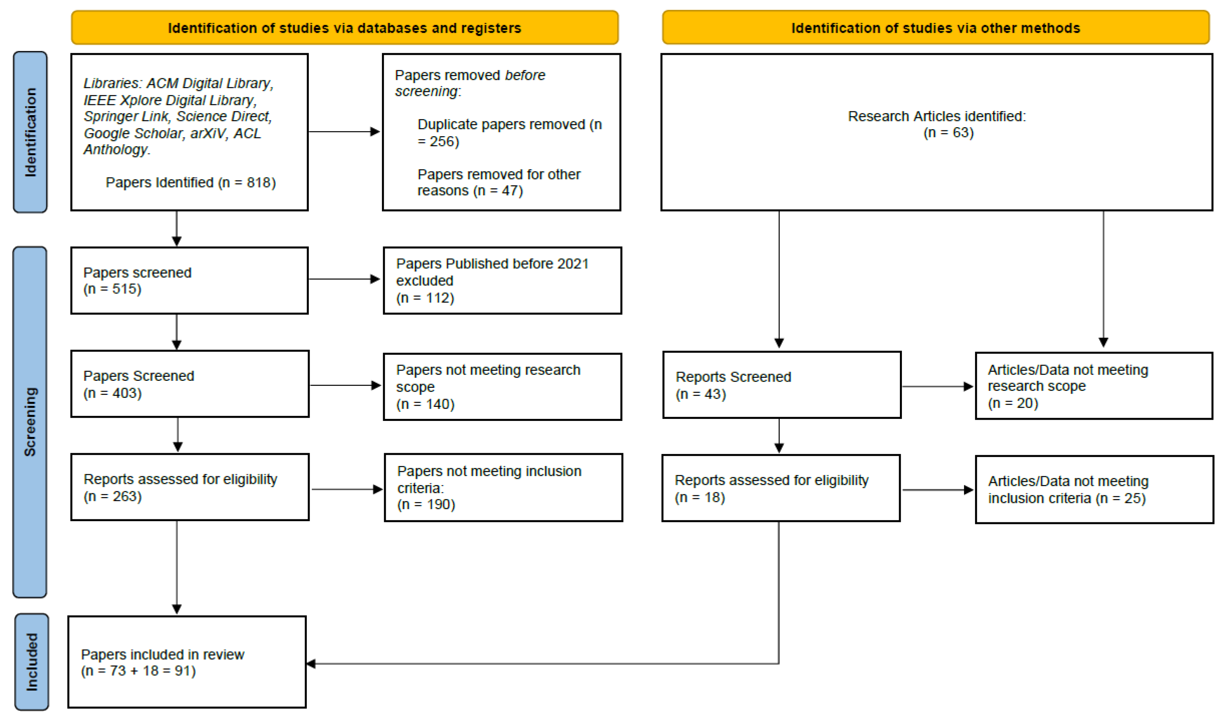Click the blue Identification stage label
30,132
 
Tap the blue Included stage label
32,662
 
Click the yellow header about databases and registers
345,28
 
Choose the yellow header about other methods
935,28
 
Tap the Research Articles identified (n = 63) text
936,124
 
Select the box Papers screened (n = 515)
189,280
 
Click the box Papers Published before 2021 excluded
502,280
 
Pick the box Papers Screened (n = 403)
190,384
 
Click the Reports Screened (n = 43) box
782,385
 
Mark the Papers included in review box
187,662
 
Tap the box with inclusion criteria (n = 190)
504,488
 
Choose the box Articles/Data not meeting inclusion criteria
1094,490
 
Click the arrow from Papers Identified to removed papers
344,131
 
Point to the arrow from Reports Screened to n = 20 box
937,386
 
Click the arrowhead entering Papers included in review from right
311,664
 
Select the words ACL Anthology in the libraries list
172,141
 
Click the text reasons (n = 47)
470,191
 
